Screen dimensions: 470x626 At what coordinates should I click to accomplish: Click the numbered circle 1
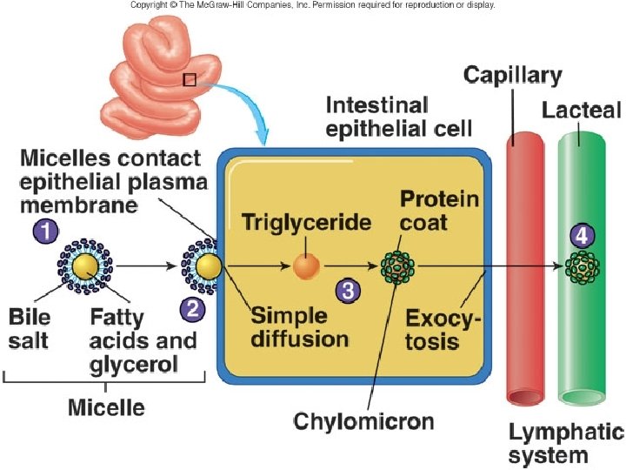click(x=45, y=231)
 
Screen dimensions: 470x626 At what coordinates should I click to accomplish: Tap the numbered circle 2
click(x=192, y=307)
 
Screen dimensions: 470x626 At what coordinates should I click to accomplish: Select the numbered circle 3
click(x=347, y=291)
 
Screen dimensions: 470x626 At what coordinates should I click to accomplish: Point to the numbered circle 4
click(x=581, y=236)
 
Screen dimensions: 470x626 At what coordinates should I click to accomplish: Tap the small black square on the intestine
click(x=190, y=80)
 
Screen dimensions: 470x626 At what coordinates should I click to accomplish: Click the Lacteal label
click(x=581, y=111)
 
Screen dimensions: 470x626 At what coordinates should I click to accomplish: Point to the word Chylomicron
click(x=363, y=422)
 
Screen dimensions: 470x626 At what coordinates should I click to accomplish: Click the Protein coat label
click(x=438, y=210)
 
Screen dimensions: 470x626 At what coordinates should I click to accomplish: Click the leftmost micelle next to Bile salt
click(x=85, y=265)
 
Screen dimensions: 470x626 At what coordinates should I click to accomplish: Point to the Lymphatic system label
click(x=564, y=444)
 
